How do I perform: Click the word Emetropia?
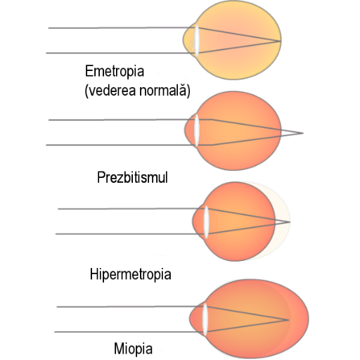(x=115, y=71)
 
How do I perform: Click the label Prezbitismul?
(x=132, y=177)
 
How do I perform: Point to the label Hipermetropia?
(x=131, y=274)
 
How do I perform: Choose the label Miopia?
(x=133, y=349)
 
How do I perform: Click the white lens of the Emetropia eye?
(x=197, y=41)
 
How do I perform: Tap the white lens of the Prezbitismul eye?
(x=197, y=130)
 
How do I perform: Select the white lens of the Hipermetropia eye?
(x=206, y=222)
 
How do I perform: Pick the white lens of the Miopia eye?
(x=205, y=319)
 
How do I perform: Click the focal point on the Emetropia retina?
(x=281, y=41)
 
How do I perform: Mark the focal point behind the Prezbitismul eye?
(x=303, y=133)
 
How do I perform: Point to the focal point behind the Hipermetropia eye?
(x=290, y=221)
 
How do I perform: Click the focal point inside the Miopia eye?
(x=288, y=320)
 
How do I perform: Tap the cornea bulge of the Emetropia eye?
(x=188, y=40)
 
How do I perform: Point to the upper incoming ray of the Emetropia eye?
(x=122, y=27)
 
